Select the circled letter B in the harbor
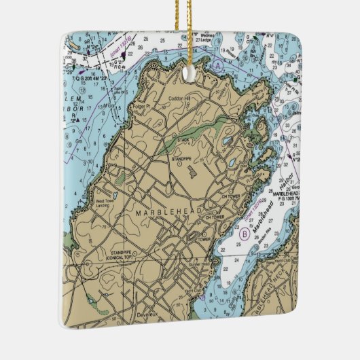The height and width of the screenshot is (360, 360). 244,234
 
